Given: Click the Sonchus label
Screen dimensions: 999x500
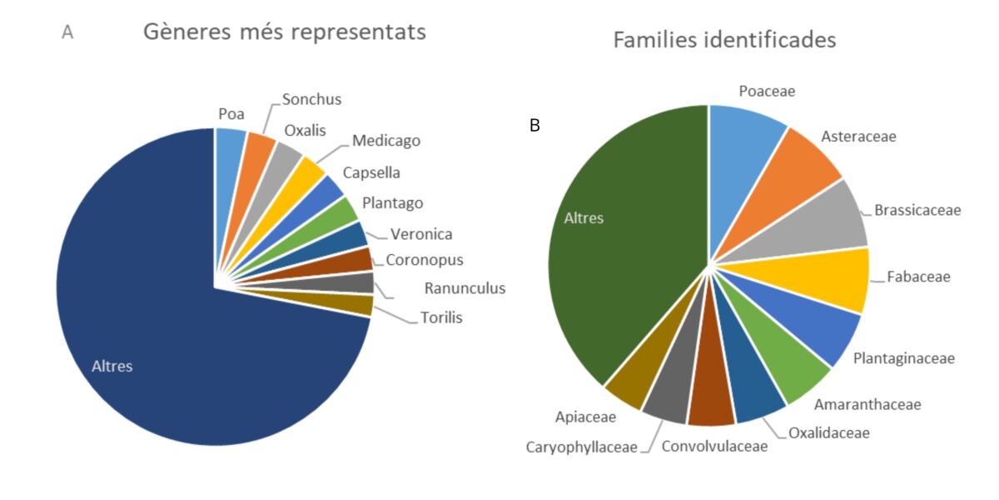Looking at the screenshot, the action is [311, 99].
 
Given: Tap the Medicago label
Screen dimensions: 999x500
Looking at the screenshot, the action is [386, 141].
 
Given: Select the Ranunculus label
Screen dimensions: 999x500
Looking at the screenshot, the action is [465, 288].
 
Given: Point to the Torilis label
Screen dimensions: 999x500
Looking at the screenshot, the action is [441, 317].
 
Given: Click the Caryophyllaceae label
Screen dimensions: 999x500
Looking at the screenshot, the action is [582, 447].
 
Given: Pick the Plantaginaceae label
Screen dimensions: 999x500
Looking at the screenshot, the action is [904, 358].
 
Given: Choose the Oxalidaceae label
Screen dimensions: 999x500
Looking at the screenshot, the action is [829, 433].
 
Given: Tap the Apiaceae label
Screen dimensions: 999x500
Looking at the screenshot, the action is [585, 417].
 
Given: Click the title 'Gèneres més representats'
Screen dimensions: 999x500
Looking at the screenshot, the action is [285, 32].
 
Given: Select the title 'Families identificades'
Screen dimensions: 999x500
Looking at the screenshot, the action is [725, 40].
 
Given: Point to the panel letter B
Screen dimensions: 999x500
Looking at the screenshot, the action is [534, 126].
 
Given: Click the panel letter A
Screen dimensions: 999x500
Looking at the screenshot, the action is [67, 32].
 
